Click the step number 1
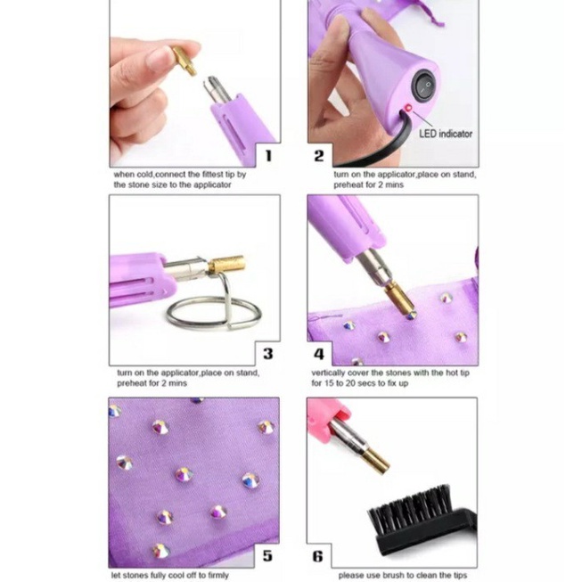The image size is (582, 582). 269,156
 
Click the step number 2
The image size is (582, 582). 319,156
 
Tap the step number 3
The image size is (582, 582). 268,354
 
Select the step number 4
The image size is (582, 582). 319,354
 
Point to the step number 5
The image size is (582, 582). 267,555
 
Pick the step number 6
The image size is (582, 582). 317,556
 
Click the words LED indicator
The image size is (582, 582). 446,134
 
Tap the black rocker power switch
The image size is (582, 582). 424,86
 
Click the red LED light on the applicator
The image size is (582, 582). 408,108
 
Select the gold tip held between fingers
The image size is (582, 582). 184,60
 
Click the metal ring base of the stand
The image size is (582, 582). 214,313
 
